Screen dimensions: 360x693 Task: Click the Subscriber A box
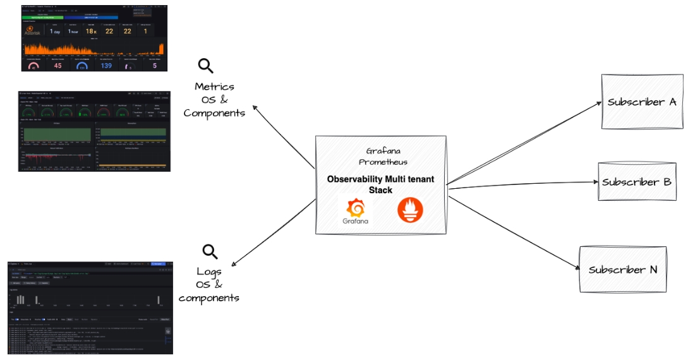(x=642, y=102)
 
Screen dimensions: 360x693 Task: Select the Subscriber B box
(x=636, y=182)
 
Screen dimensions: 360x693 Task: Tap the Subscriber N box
(x=622, y=269)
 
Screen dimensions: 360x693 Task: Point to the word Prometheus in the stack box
(x=380, y=162)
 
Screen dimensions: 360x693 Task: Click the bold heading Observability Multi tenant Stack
(x=380, y=184)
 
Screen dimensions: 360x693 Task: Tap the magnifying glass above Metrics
(x=206, y=66)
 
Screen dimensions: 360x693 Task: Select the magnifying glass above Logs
(x=210, y=251)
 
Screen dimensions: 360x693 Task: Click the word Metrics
(x=214, y=87)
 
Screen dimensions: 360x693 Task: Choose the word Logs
(x=210, y=272)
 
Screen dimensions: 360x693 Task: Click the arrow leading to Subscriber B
(x=524, y=184)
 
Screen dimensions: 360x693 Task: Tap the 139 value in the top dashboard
(x=106, y=65)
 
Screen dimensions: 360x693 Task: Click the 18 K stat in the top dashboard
(x=91, y=31)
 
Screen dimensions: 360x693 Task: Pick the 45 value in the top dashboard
(x=57, y=65)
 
